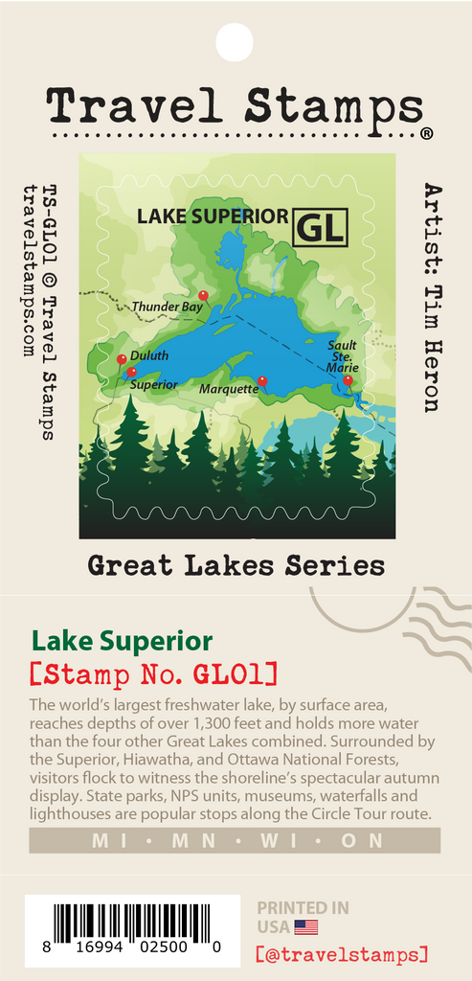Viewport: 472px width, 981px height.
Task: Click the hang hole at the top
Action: pyautogui.click(x=236, y=41)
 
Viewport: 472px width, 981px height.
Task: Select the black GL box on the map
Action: pyautogui.click(x=321, y=227)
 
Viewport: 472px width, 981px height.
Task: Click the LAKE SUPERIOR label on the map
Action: pyautogui.click(x=212, y=216)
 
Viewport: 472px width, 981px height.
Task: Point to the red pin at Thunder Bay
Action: pyautogui.click(x=203, y=296)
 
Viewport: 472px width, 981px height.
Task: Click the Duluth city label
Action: pyautogui.click(x=148, y=355)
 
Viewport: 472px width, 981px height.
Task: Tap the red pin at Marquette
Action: pyautogui.click(x=262, y=381)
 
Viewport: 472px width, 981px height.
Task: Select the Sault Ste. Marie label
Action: pyautogui.click(x=342, y=356)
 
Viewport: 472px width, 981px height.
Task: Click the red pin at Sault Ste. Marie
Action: pyautogui.click(x=348, y=380)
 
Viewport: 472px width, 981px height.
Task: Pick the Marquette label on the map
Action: pyautogui.click(x=228, y=389)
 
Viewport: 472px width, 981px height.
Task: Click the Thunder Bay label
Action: pyautogui.click(x=167, y=307)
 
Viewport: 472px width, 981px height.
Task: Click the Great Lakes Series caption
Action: pyautogui.click(x=236, y=565)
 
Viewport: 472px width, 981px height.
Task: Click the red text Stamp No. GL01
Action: pyautogui.click(x=153, y=673)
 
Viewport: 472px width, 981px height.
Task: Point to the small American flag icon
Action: pyautogui.click(x=305, y=926)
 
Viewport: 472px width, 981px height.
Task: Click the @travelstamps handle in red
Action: pyautogui.click(x=342, y=954)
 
